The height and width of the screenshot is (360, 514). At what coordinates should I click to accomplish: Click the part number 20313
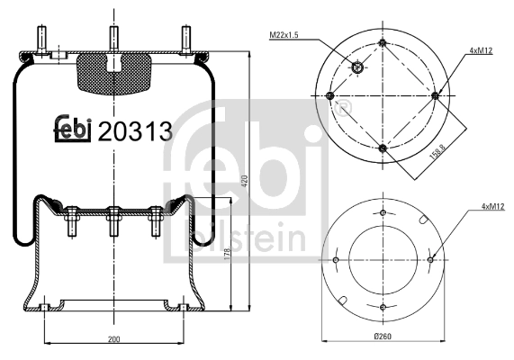pyautogui.click(x=134, y=131)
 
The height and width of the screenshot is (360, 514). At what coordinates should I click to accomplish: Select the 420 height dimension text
pyautogui.click(x=243, y=183)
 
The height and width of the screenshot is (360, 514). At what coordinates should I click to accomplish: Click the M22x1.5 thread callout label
pyautogui.click(x=284, y=34)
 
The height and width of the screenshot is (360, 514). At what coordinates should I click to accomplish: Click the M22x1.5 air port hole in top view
pyautogui.click(x=357, y=67)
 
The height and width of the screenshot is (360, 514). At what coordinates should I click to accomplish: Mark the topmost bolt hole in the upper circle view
pyautogui.click(x=383, y=43)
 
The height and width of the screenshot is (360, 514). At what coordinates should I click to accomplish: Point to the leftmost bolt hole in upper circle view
pyautogui.click(x=330, y=95)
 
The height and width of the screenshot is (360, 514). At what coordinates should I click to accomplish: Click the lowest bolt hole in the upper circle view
pyautogui.click(x=383, y=148)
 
